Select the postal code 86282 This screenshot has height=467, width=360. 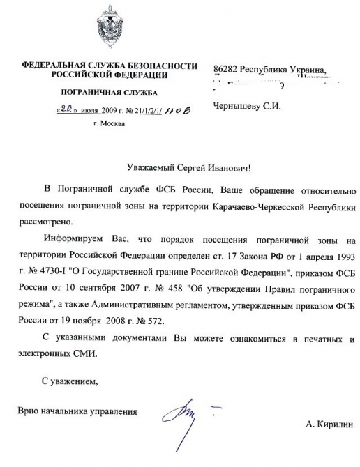pyautogui.click(x=225, y=70)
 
